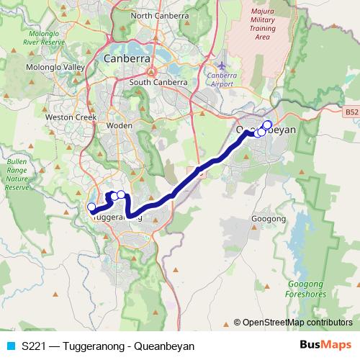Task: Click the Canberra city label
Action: tap(126, 58)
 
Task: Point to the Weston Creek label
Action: tap(66, 116)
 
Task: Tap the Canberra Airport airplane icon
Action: tap(221, 66)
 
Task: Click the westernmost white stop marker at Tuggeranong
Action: tap(91, 207)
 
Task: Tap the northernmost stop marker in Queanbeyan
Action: tap(267, 125)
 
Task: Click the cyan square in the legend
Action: tap(9, 346)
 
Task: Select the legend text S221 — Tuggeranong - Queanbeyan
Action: tap(108, 346)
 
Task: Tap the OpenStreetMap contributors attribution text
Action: tap(297, 323)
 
